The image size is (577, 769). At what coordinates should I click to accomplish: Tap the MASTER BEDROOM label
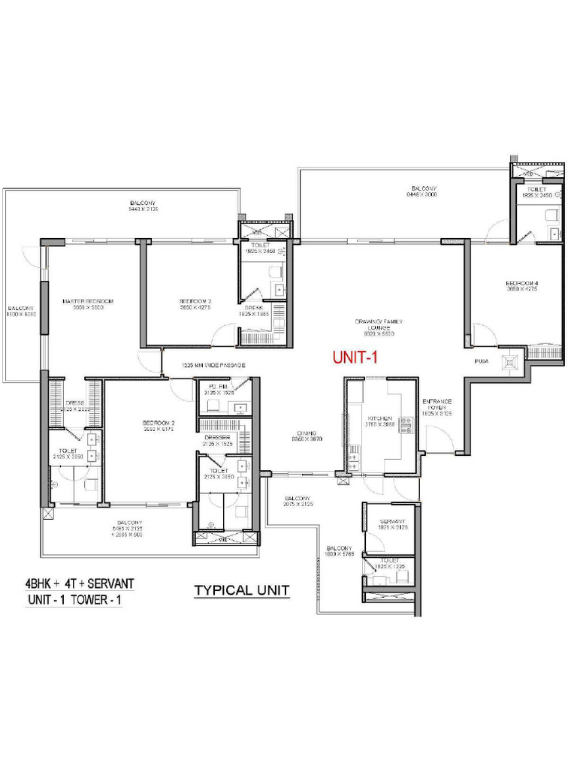(x=88, y=301)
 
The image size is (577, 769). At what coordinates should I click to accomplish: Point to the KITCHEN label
(x=376, y=418)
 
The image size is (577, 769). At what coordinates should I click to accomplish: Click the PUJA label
(x=482, y=361)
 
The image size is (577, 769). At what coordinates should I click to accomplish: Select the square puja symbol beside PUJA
(x=512, y=362)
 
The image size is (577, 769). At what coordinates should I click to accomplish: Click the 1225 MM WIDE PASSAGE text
(x=214, y=365)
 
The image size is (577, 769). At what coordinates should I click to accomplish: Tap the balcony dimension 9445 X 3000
(x=422, y=195)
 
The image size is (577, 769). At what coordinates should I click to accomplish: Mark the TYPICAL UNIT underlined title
(x=242, y=590)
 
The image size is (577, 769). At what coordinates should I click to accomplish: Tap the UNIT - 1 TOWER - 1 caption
(x=76, y=601)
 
